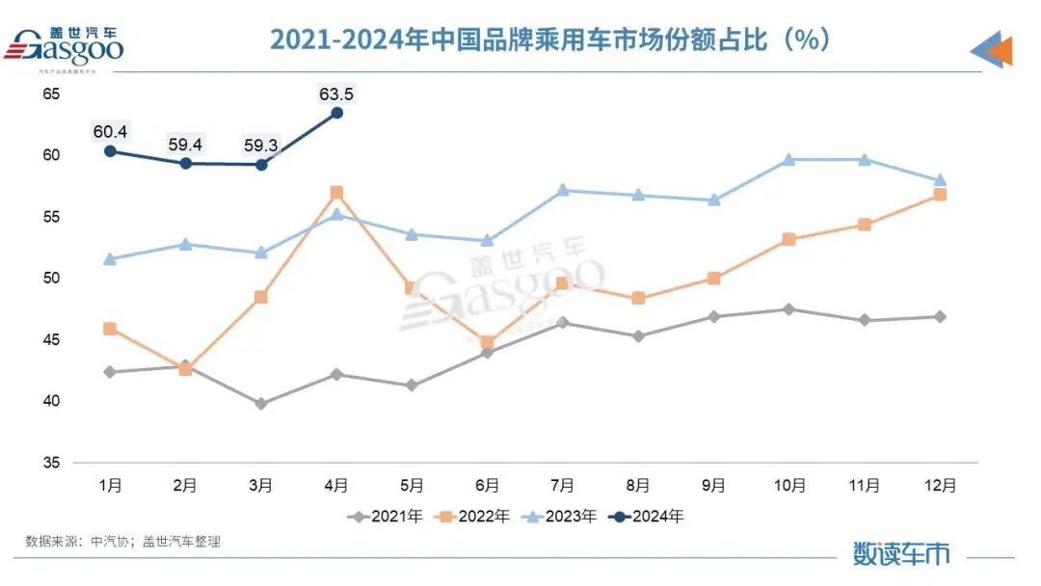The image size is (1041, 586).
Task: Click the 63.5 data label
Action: pos(336,93)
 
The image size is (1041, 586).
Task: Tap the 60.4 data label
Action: pos(110,131)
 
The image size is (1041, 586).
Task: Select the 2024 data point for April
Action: pos(336,113)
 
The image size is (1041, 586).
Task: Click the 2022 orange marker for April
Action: pos(336,193)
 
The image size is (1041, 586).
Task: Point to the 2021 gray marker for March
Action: pos(261,404)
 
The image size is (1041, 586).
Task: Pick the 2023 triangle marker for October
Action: pos(788,160)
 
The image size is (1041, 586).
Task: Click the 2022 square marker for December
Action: pos(940,195)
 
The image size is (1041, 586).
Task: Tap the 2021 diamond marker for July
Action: pos(563,323)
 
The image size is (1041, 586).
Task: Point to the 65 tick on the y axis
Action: pos(51,93)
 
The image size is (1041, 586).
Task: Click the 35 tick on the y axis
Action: pos(51,463)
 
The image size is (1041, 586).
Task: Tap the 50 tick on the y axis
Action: pos(51,279)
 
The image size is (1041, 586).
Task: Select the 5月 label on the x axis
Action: pos(412,486)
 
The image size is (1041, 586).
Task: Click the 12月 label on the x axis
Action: pos(940,486)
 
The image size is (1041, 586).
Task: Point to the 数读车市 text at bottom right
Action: pos(900,553)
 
